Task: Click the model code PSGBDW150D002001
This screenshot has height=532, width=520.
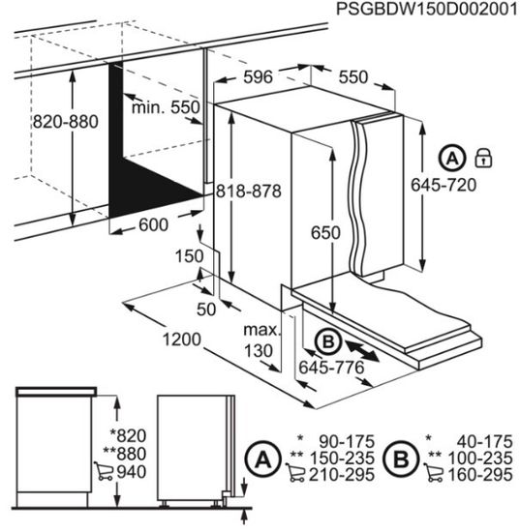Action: tap(427, 9)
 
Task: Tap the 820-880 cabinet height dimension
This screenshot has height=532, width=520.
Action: tap(66, 122)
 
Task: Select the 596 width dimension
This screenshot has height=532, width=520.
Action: tap(258, 77)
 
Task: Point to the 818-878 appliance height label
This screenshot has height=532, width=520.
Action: tap(249, 191)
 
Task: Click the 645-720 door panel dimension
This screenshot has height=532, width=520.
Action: tap(444, 185)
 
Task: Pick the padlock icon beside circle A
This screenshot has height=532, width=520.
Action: tap(483, 158)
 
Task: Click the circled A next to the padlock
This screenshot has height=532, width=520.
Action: tap(452, 158)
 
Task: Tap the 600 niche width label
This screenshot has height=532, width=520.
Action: tap(154, 225)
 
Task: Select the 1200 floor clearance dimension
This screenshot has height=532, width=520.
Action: tap(182, 340)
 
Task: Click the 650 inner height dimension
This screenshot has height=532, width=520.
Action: tap(325, 233)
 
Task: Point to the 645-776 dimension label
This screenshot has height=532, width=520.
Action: tap(331, 368)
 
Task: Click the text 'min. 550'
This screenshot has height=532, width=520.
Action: tap(166, 107)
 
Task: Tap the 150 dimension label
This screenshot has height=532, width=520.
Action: tap(189, 256)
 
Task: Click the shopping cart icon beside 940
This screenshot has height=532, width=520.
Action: tap(104, 471)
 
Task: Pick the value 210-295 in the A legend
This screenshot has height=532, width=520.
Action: tap(342, 474)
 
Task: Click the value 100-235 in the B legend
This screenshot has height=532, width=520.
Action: tap(480, 458)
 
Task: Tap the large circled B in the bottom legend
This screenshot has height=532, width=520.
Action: tap(401, 459)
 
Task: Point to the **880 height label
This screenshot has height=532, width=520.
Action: tap(124, 454)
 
